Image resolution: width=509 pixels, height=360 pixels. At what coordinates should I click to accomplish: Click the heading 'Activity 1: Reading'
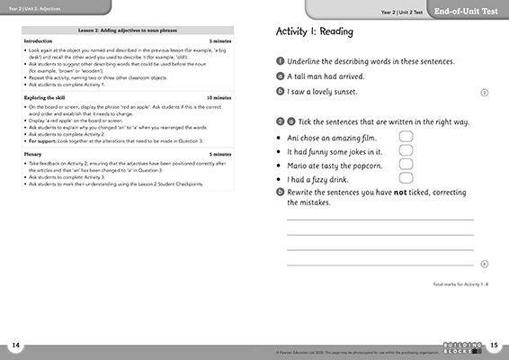tap(314, 31)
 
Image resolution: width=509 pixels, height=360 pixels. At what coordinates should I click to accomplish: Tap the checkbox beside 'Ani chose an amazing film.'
tap(406, 138)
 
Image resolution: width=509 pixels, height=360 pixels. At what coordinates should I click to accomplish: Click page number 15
tap(494, 346)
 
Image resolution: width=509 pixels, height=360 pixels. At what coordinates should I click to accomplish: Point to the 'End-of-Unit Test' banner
tap(472, 10)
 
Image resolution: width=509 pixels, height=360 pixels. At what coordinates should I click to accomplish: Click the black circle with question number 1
tap(281, 62)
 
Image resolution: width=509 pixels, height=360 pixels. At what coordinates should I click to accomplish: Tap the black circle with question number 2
tap(281, 121)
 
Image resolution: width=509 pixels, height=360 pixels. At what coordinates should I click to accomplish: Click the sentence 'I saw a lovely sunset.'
tap(329, 92)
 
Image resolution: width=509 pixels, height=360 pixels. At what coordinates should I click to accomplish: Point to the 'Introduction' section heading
tap(38, 40)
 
